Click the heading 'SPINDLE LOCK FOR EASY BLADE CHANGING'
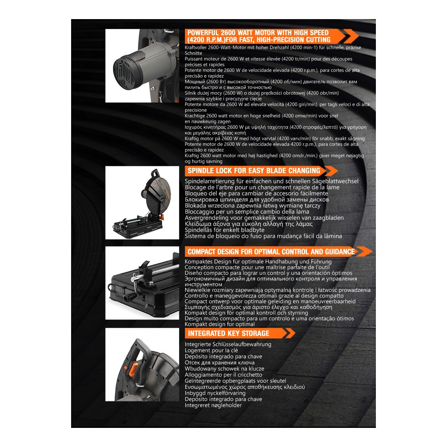[x=254, y=171]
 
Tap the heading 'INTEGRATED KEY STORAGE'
[x=228, y=333]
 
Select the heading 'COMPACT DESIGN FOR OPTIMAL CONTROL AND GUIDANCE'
[x=271, y=252]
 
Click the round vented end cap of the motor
[x=124, y=72]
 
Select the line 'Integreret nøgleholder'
[x=213, y=405]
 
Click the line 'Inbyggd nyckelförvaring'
[x=215, y=393]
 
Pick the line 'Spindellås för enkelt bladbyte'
[x=225, y=230]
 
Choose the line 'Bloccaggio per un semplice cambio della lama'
[x=247, y=212]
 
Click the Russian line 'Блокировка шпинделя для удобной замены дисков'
[x=257, y=200]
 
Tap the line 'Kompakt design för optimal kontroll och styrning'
[x=246, y=313]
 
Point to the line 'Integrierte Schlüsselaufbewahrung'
[x=228, y=344]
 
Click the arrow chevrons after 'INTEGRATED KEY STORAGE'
[x=290, y=333]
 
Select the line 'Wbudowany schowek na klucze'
[x=224, y=369]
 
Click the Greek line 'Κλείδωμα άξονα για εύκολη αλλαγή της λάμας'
[x=249, y=224]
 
